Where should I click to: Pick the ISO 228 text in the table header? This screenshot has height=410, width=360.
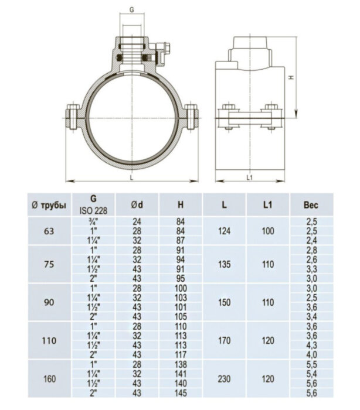point(94,209)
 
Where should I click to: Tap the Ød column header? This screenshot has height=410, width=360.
point(137,204)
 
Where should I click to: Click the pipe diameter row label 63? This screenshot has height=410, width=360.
point(49,231)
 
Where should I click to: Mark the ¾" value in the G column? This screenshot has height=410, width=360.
point(94,221)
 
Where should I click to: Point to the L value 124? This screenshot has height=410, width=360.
point(224,231)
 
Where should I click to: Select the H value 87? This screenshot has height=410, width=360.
point(181,240)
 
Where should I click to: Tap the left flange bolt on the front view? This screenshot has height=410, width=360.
point(73,117)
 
